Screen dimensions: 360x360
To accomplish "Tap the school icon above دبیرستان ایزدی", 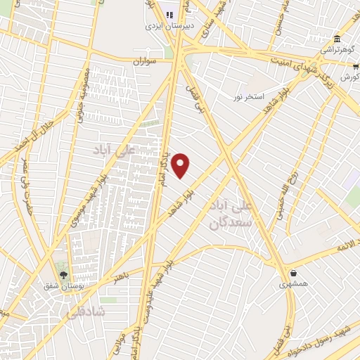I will (x=169, y=13).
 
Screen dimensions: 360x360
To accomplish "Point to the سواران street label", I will (x=143, y=61).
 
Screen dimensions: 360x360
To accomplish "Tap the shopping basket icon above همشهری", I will (x=292, y=274).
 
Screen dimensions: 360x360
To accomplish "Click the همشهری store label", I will (x=292, y=285).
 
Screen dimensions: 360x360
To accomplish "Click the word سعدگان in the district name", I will (x=227, y=223).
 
